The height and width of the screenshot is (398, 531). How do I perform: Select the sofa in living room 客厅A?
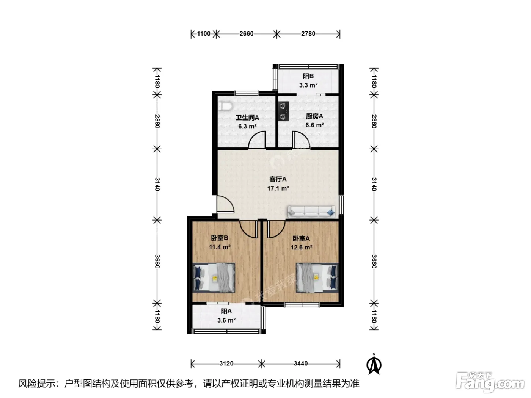pyautogui.click(x=311, y=212)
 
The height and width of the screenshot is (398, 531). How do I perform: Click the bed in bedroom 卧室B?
pyautogui.click(x=214, y=278)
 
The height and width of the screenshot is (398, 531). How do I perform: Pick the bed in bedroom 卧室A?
pyautogui.click(x=317, y=278)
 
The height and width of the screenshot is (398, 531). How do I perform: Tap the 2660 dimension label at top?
pyautogui.click(x=247, y=34)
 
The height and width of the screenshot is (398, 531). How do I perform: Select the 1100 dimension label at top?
pyautogui.click(x=204, y=34)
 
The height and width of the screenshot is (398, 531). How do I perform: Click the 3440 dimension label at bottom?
pyautogui.click(x=301, y=364)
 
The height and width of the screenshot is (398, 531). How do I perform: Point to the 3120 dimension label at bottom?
pyautogui.click(x=226, y=364)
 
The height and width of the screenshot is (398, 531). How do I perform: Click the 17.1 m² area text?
pyautogui.click(x=278, y=188)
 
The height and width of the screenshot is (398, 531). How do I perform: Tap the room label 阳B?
pyautogui.click(x=308, y=76)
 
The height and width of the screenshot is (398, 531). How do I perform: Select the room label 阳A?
pyautogui.click(x=226, y=311)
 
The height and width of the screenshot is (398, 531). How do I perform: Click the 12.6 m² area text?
pyautogui.click(x=301, y=248)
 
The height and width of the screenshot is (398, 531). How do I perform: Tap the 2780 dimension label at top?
pyautogui.click(x=308, y=34)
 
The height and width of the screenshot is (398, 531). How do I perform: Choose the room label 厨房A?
pyautogui.click(x=314, y=116)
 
